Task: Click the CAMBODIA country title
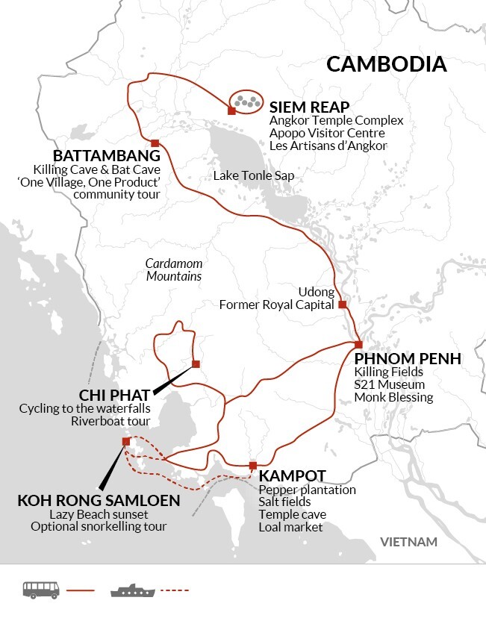[387, 63]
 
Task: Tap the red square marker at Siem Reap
[231, 111]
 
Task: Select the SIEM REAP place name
[309, 105]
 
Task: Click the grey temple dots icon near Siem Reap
[246, 100]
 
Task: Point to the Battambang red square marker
[155, 143]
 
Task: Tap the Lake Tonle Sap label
[254, 175]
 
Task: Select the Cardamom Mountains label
[174, 270]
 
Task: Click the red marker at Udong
[342, 305]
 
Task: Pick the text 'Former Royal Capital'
[275, 305]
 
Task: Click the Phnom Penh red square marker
[358, 344]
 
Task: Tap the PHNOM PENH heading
[408, 358]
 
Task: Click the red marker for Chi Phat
[196, 364]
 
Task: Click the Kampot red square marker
[253, 466]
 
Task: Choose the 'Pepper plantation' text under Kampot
[307, 490]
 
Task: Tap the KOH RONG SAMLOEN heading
[99, 500]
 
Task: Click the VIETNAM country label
[408, 542]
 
